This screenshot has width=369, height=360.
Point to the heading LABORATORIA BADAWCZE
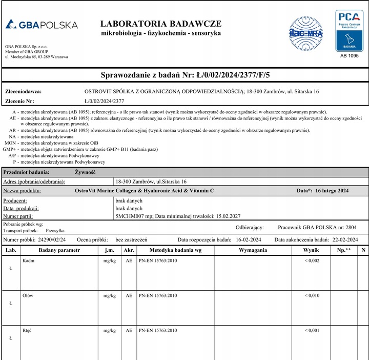[x=161, y=24]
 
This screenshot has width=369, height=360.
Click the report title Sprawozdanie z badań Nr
[x=185, y=75]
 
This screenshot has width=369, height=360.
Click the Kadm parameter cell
[x=28, y=261]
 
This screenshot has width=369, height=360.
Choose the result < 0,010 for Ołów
[x=312, y=296]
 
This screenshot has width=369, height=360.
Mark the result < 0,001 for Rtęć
[x=312, y=331]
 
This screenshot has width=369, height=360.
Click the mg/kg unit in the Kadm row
[x=109, y=261]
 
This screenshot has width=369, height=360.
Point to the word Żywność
[x=85, y=172]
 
